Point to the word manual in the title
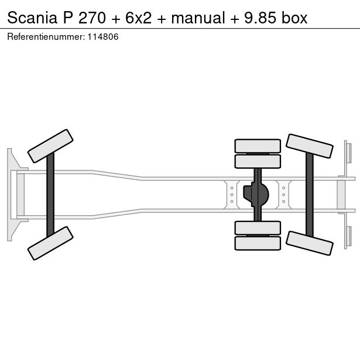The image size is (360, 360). coord(197,18)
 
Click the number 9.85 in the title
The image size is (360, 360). coord(258,18)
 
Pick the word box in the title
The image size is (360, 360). coord(294,18)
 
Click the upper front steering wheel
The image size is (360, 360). coord(50,146)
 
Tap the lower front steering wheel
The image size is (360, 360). coord(50,243)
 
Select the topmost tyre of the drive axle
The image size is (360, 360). coord(258,146)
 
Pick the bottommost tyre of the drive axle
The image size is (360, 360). coord(258,243)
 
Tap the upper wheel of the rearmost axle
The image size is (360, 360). coord(309,146)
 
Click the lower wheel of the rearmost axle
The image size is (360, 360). coord(309,243)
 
